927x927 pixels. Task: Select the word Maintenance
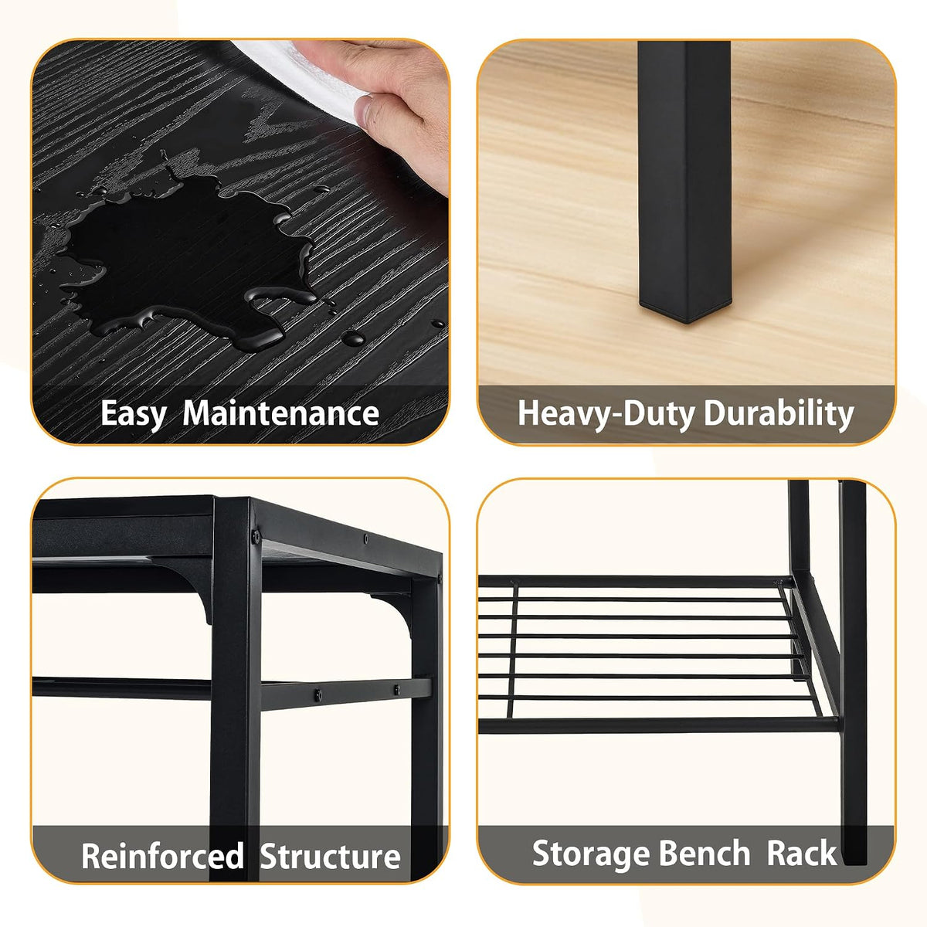coord(281,413)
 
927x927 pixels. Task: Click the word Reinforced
coord(162,856)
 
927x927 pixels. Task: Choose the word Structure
coord(330,856)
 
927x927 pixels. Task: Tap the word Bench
coord(698,852)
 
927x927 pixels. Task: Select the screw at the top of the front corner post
coord(256,535)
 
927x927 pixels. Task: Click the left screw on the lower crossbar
coord(318,694)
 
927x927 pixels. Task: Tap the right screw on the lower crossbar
coord(397,690)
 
